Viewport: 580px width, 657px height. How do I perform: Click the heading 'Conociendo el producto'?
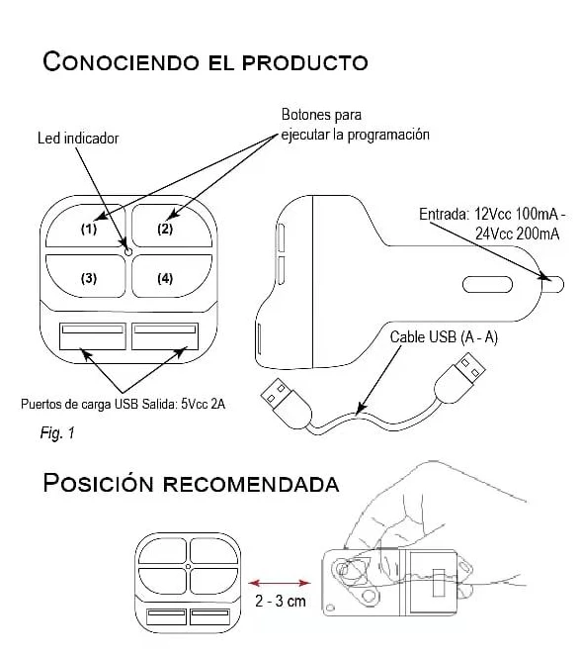pos(206,62)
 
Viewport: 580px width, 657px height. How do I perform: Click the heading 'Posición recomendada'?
pos(191,484)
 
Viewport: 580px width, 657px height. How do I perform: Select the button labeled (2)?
pos(165,229)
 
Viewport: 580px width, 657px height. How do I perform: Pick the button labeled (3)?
pos(89,278)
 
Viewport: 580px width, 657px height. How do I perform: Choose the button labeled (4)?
pos(165,278)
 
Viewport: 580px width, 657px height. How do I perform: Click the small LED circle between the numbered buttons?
pos(126,251)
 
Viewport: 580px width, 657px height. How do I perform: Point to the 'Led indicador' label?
pos(78,139)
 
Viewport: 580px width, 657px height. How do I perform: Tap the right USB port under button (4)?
pos(163,338)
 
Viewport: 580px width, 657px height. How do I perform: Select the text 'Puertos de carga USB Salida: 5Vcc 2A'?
pos(124,404)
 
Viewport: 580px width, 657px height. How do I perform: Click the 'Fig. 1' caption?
pos(58,432)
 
